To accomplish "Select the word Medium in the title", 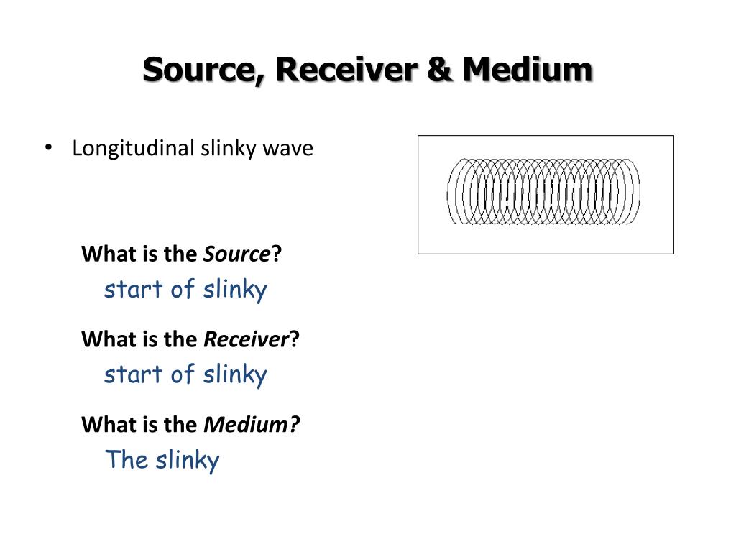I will point(528,70).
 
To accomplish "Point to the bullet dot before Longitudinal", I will point(48,147).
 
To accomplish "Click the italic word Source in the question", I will point(238,254).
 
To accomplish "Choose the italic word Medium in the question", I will point(247,425).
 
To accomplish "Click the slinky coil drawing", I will point(543,191).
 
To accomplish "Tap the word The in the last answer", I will point(126,459).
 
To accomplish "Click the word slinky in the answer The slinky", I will point(188,459).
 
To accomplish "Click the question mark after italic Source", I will point(277,254).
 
